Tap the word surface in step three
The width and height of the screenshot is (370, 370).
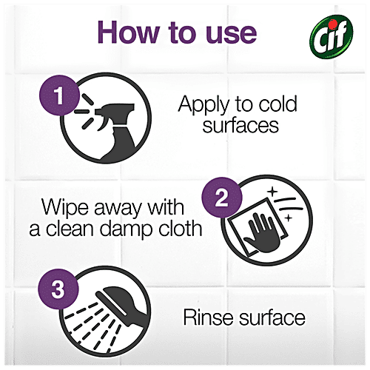[269, 320]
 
